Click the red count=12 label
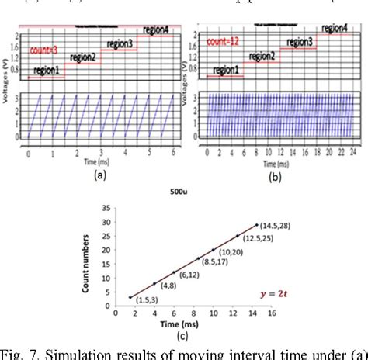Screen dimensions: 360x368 tap(226, 38)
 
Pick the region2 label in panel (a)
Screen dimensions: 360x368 tap(85, 57)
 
